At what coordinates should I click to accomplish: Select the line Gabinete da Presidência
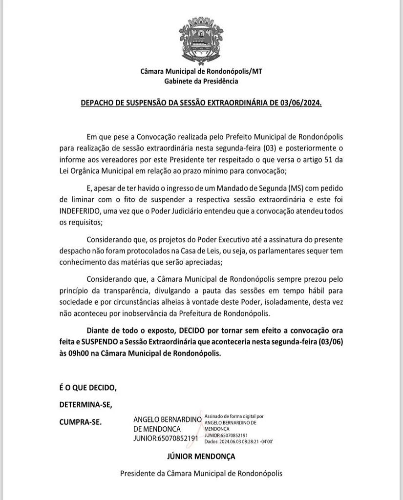[201, 81]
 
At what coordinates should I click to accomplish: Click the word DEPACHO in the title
[97, 104]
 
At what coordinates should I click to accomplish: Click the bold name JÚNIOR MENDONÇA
[201, 457]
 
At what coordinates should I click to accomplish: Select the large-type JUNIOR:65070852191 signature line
[166, 438]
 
